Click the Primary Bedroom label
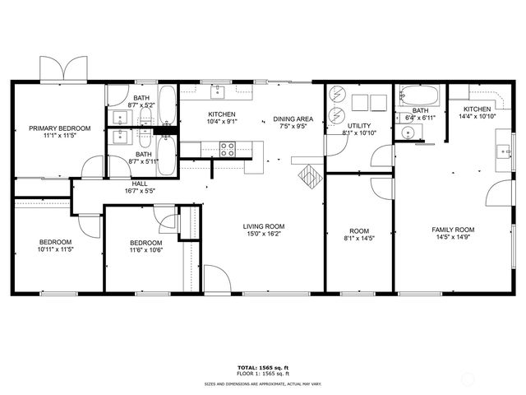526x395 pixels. tap(60, 128)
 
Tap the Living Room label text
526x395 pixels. tap(264, 226)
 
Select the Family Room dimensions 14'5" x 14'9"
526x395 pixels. tap(453, 237)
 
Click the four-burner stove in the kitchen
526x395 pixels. tap(227, 149)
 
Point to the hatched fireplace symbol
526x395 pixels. tap(311, 177)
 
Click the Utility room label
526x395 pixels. tap(359, 126)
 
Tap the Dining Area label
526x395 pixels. tap(293, 118)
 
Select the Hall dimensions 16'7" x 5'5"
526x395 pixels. tap(140, 191)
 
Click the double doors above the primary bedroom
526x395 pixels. tap(63, 68)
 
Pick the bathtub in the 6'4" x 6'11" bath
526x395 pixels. tap(419, 95)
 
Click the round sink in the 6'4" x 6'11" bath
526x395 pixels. tap(408, 132)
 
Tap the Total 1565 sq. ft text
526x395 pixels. tap(263, 368)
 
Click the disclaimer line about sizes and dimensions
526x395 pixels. tap(263, 383)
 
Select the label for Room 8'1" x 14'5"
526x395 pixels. tap(359, 231)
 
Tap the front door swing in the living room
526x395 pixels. tap(217, 278)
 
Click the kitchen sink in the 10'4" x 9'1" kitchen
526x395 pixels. tap(217, 91)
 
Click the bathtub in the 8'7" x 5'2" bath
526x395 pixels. tap(167, 105)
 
